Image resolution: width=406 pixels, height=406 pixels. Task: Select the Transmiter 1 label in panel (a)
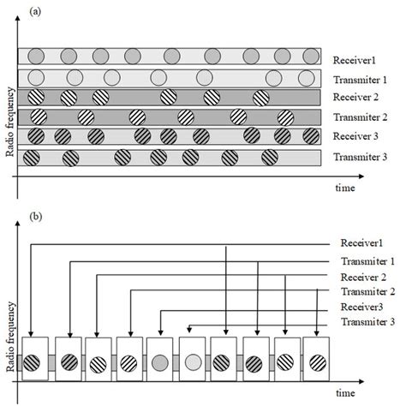(x=360, y=80)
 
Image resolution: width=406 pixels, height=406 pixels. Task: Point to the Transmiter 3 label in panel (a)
(x=361, y=158)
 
